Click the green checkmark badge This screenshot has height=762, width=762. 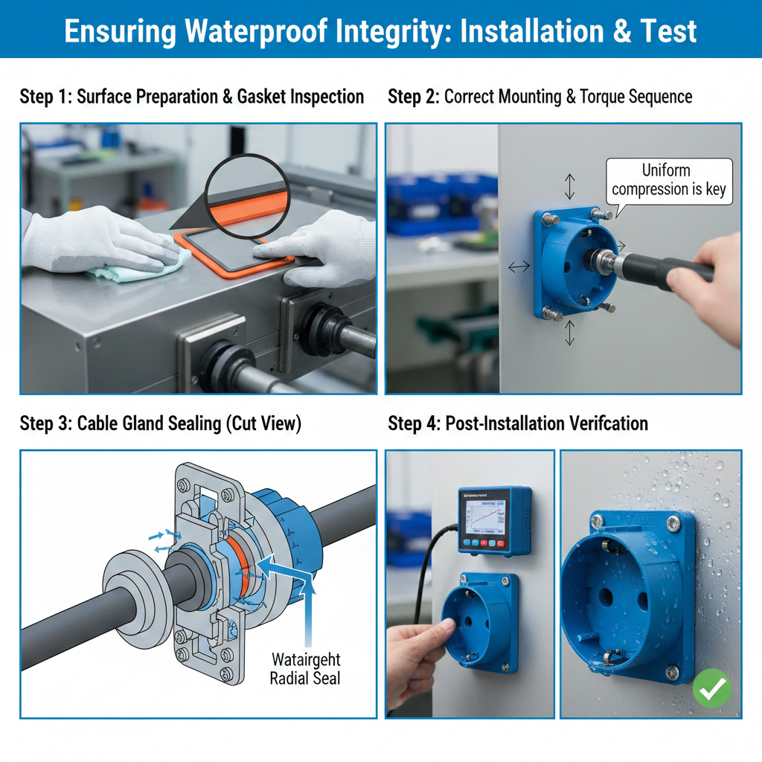point(712,691)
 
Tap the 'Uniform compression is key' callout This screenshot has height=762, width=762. point(668,181)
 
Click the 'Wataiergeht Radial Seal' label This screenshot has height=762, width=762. point(305,668)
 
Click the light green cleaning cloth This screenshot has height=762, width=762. point(141,265)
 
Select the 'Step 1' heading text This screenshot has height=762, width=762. point(45,97)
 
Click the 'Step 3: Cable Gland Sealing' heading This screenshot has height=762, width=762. point(160,423)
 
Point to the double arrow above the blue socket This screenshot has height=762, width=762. point(570,186)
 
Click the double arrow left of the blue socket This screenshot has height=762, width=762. point(519,266)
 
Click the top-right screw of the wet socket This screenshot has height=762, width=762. point(673,523)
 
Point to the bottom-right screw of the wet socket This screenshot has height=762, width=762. point(671,673)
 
